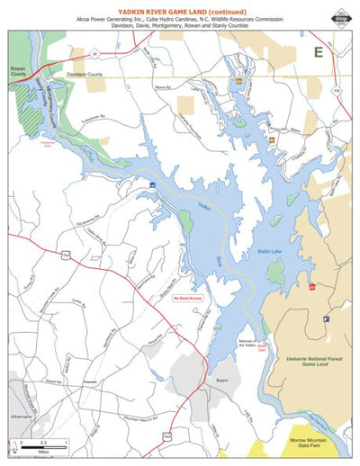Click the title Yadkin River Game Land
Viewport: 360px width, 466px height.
(x=179, y=8)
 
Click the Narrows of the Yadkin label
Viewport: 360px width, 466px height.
(x=257, y=340)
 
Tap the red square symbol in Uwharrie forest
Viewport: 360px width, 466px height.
(x=311, y=287)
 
